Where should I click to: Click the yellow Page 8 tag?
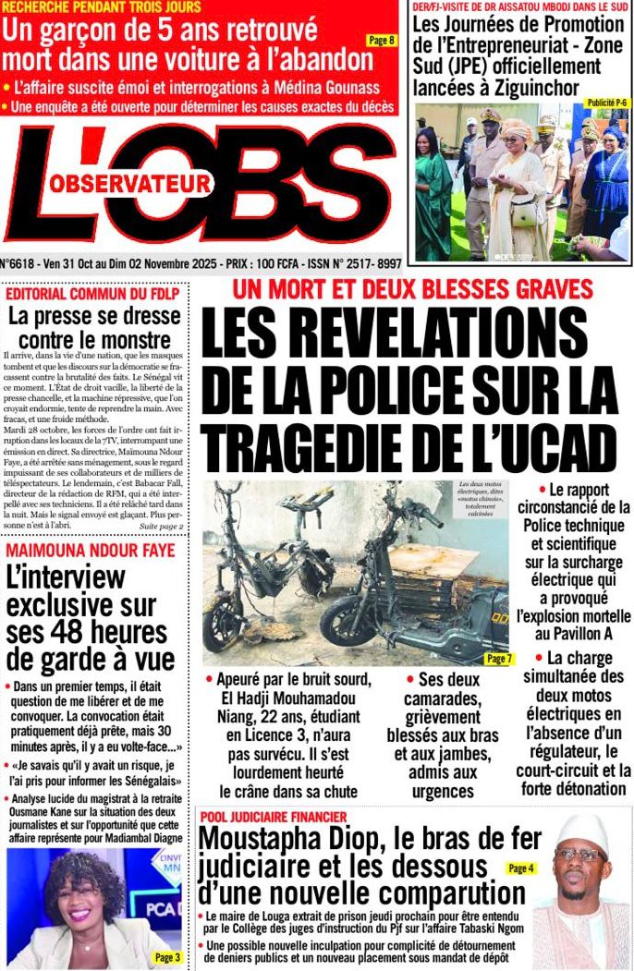point(381,40)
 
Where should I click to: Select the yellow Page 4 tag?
point(520,868)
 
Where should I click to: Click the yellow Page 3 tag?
point(167,957)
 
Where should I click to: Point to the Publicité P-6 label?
point(607,103)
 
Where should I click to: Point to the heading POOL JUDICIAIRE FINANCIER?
point(273,817)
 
